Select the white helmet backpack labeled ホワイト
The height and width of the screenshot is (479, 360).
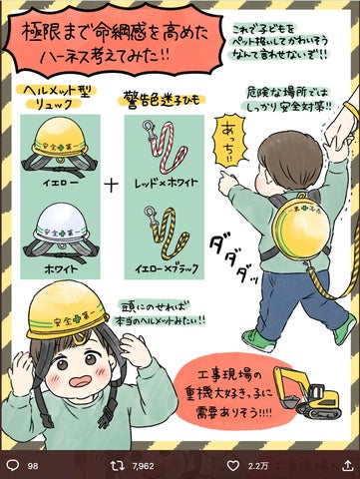point(59,230)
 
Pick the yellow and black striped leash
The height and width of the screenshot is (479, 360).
point(164,235)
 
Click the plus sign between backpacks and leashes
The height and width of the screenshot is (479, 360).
point(111,186)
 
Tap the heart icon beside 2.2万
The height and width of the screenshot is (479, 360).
point(232,465)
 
